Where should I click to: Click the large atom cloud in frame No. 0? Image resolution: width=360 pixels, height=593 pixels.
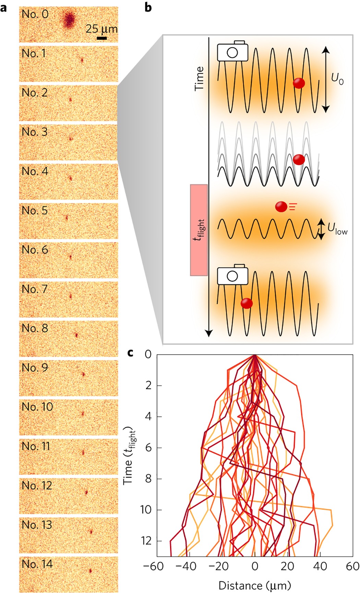[x=70, y=20]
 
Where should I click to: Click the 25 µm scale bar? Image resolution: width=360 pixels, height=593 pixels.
[x=102, y=38]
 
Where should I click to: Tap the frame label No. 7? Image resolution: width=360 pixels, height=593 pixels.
[x=35, y=289]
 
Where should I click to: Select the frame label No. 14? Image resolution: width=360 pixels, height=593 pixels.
[x=37, y=564]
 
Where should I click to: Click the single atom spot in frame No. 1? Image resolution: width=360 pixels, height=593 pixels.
[x=82, y=60]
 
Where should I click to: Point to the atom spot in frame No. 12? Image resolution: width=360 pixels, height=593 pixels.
[x=86, y=492]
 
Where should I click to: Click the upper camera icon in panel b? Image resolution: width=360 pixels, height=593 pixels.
[x=232, y=51]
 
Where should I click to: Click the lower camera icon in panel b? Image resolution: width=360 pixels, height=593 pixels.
[x=232, y=275]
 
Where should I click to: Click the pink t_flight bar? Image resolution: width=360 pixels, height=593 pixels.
[x=199, y=230]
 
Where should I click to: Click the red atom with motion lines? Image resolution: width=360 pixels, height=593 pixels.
[x=281, y=206]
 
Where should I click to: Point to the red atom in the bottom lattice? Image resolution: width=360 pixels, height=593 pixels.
[x=247, y=303]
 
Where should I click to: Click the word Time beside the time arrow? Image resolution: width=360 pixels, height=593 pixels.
[x=199, y=78]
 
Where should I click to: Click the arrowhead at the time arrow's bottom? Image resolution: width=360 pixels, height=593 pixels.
[x=208, y=333]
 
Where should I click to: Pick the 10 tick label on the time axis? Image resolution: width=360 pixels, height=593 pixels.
[x=146, y=510]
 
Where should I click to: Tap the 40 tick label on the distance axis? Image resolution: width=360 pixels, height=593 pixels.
[x=320, y=566]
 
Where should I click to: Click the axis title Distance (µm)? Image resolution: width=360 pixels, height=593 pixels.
[x=255, y=585]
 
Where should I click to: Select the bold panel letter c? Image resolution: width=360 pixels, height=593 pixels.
[x=131, y=353]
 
